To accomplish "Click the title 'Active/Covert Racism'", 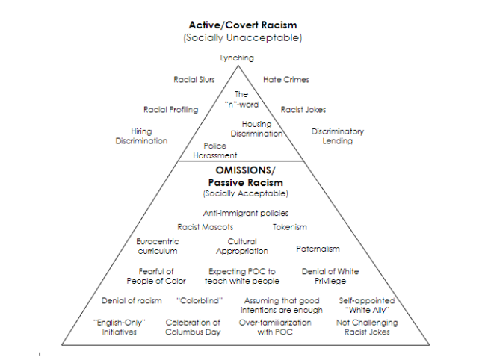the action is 243,25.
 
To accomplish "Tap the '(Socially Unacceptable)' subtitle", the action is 243,37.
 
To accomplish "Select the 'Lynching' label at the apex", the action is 237,58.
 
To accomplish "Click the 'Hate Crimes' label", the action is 286,80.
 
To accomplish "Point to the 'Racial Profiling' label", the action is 170,110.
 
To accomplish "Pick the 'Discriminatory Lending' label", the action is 338,136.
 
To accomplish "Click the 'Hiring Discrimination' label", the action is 141,136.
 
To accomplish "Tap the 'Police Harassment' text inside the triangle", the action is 215,150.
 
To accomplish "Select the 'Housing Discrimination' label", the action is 256,129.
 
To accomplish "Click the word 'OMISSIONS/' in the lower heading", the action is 245,170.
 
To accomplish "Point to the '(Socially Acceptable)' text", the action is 246,193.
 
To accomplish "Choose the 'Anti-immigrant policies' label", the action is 246,213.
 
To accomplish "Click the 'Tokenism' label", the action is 290,227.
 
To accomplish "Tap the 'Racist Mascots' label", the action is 205,227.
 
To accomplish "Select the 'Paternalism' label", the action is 318,249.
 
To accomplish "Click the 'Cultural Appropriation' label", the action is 242,246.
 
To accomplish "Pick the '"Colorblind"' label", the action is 200,301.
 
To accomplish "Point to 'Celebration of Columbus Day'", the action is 193,327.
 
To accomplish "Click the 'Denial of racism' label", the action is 132,301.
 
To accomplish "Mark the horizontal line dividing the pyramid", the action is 241,161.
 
